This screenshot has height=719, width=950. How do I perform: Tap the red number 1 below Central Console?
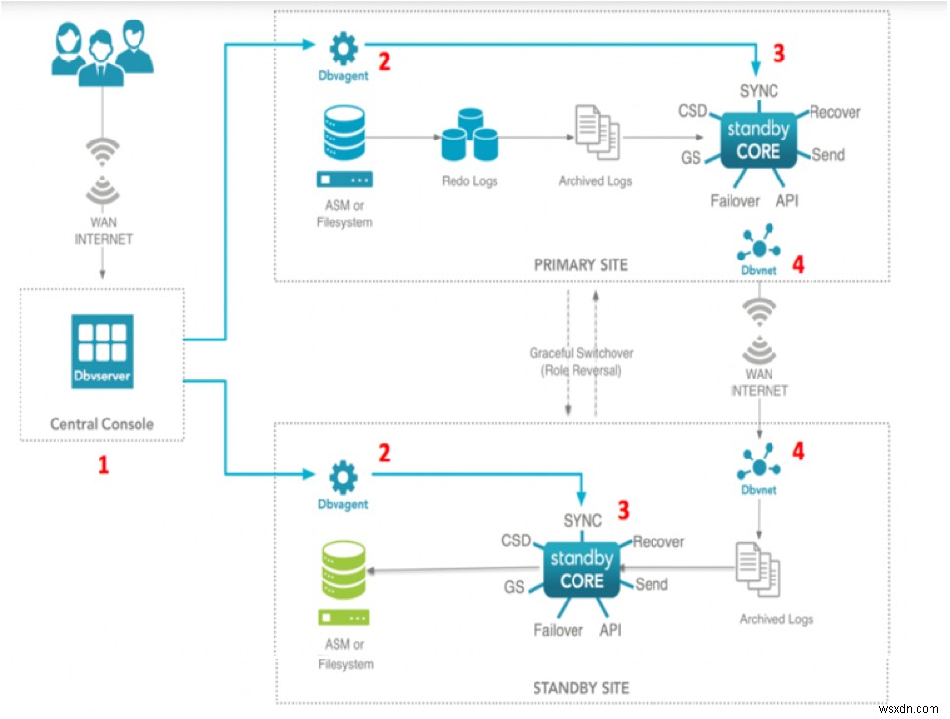[103, 465]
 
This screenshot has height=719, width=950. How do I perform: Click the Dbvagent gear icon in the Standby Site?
[343, 476]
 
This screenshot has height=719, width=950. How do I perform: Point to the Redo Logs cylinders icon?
[469, 136]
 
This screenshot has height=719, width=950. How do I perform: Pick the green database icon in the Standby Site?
[343, 566]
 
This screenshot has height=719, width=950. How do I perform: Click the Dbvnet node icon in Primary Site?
[759, 244]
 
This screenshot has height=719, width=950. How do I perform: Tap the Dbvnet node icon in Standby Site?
[759, 463]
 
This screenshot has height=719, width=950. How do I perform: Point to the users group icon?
[101, 47]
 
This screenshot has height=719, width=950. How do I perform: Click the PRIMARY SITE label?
[581, 264]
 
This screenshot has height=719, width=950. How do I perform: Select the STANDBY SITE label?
[581, 687]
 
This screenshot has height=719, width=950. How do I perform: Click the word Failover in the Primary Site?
[734, 201]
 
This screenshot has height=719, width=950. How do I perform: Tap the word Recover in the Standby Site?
[658, 541]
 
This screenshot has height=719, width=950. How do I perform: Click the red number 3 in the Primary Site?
[777, 51]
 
